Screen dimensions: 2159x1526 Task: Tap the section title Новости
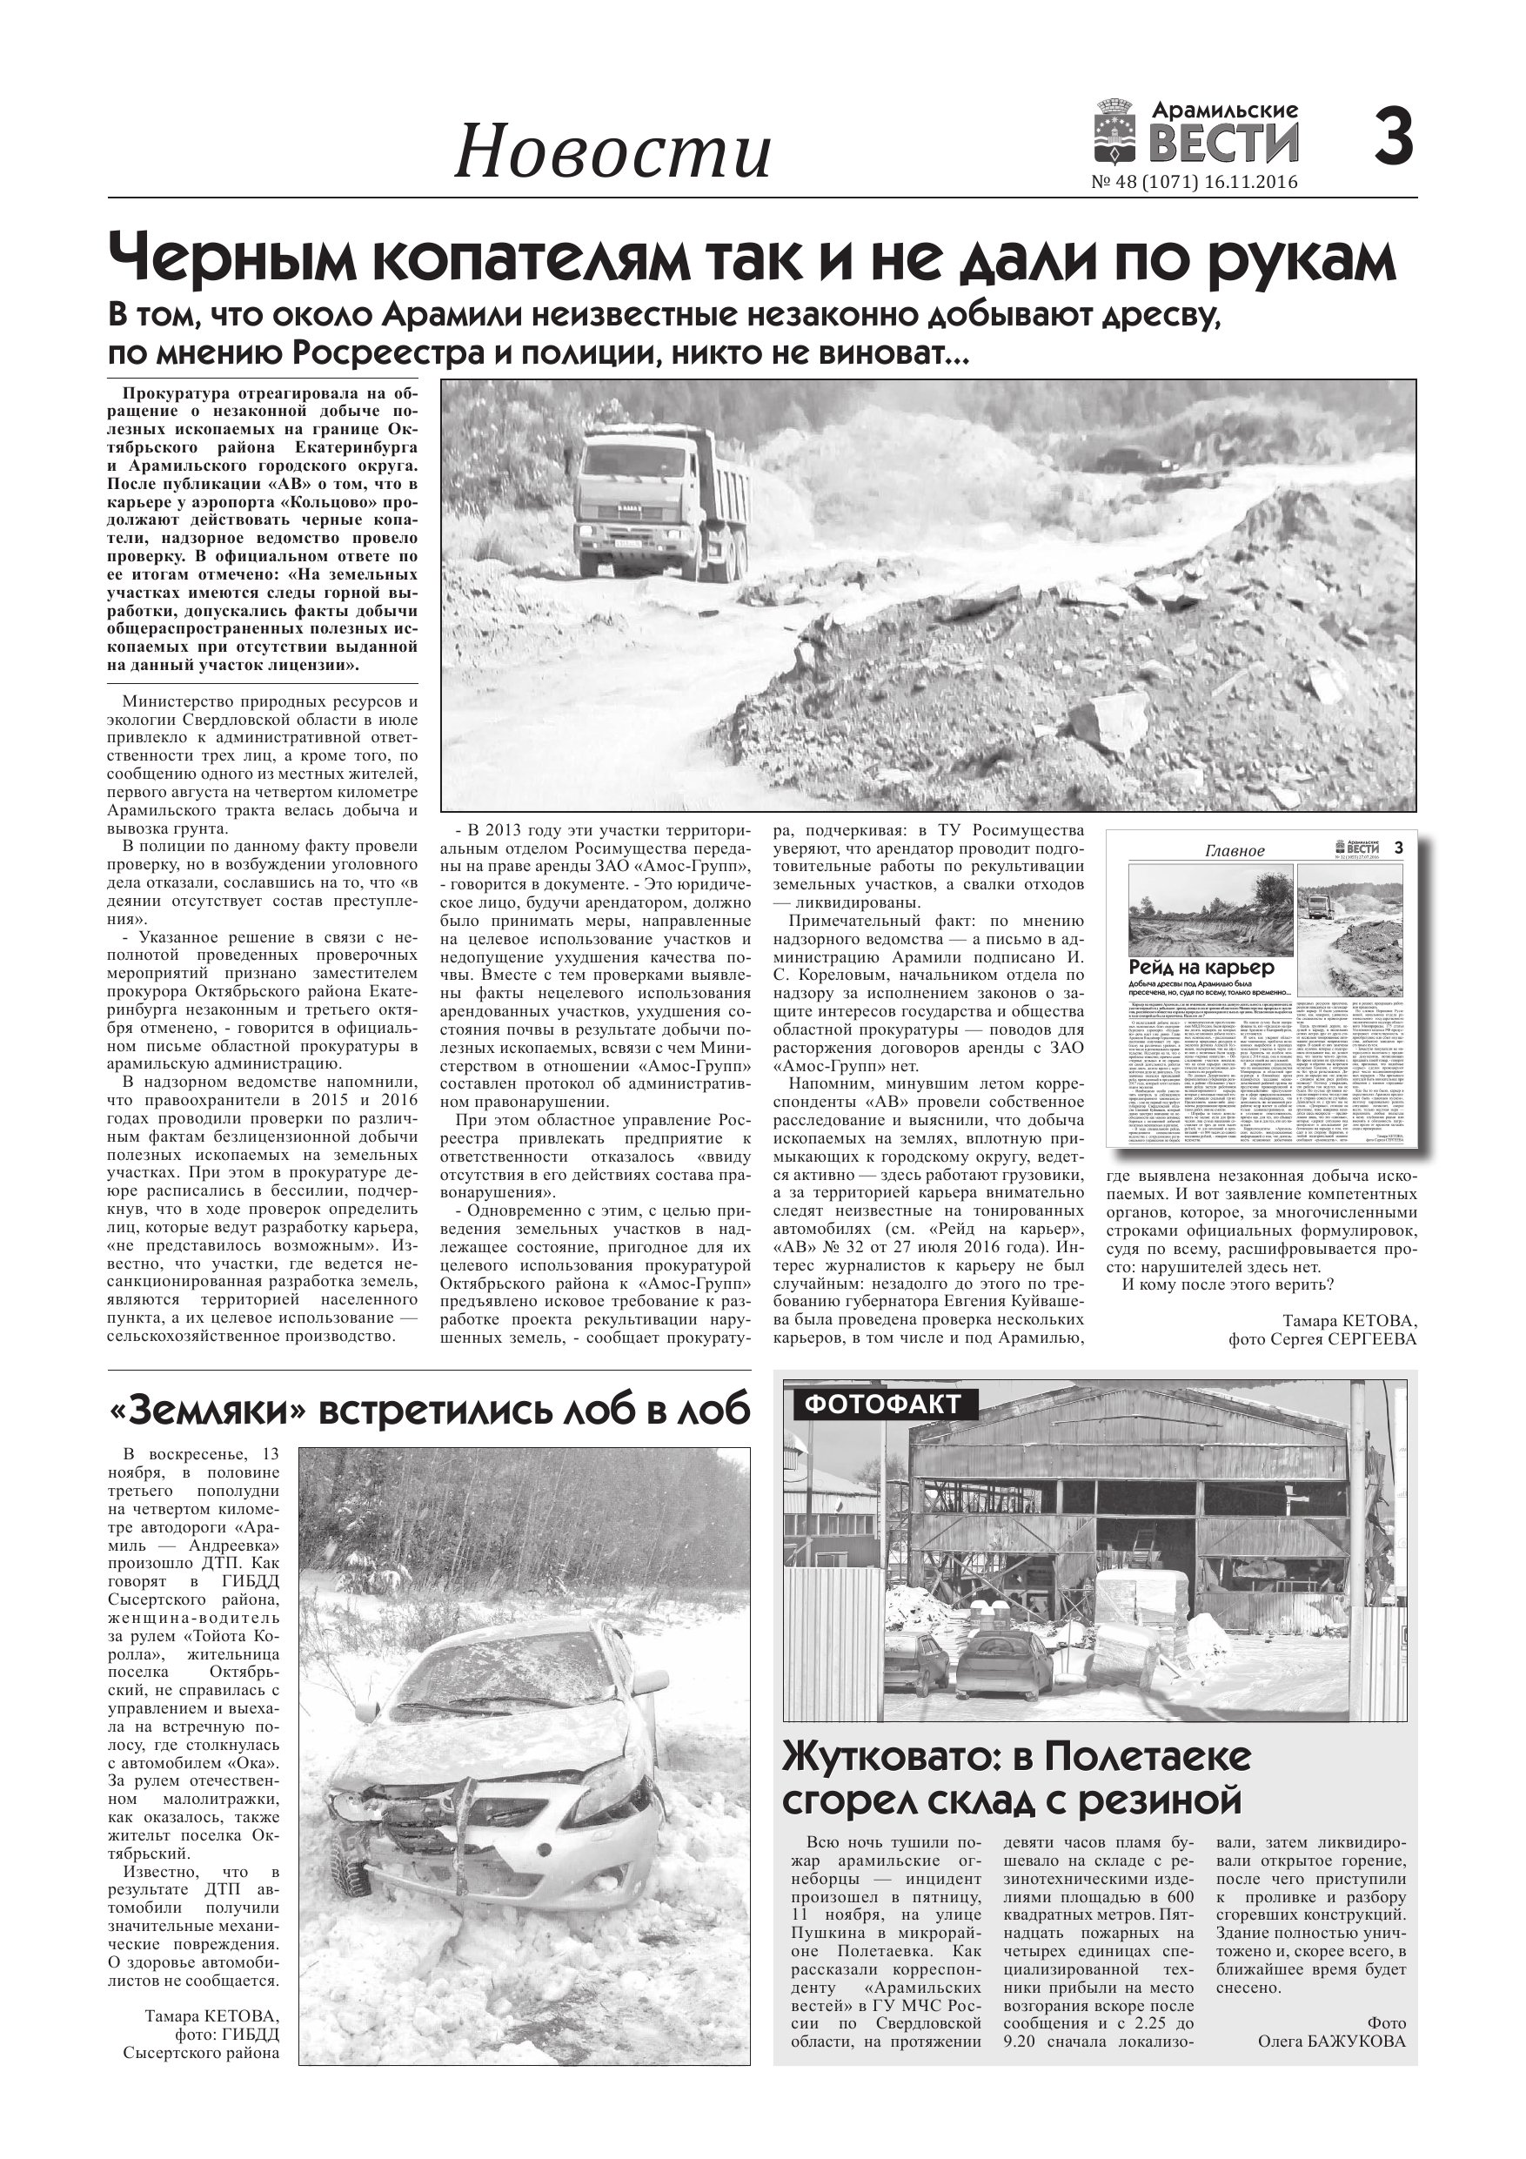point(612,153)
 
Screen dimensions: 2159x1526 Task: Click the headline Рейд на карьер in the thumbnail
point(1201,968)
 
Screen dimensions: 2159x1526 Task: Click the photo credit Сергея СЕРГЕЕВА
point(1321,1340)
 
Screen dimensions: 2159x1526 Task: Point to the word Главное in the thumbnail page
point(1235,851)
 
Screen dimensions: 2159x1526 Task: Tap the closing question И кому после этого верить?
point(1228,1285)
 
